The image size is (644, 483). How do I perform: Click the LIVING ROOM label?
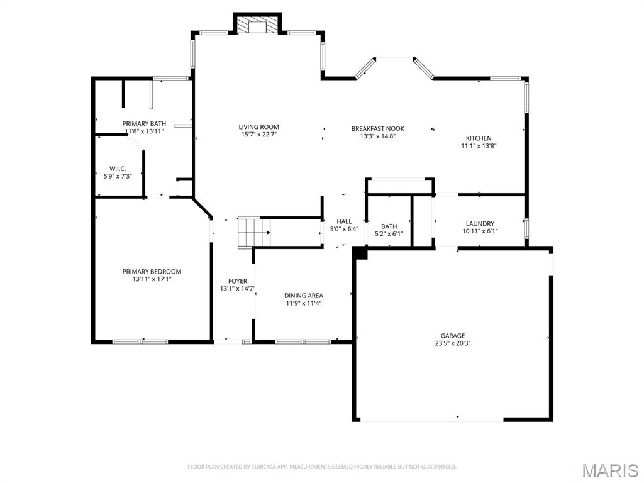pyautogui.click(x=258, y=127)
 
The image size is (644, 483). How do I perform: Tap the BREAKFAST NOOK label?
pyautogui.click(x=377, y=128)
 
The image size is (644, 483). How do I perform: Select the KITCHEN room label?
pyautogui.click(x=479, y=138)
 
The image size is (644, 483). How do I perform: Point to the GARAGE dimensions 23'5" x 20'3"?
pyautogui.click(x=452, y=343)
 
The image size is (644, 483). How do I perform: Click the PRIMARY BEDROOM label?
pyautogui.click(x=152, y=272)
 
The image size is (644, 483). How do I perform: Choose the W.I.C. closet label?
pyautogui.click(x=118, y=169)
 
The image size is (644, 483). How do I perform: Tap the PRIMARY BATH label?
pyautogui.click(x=144, y=123)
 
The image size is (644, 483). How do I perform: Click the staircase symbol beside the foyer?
pyautogui.click(x=253, y=232)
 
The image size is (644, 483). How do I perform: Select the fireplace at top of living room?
pyautogui.click(x=258, y=25)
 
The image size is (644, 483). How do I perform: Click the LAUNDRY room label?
pyautogui.click(x=480, y=223)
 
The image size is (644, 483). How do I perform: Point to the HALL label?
pyautogui.click(x=344, y=221)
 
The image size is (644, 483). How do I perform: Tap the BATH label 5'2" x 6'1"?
pyautogui.click(x=389, y=226)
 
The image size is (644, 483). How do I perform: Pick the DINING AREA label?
pyautogui.click(x=304, y=296)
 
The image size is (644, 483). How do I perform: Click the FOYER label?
pyautogui.click(x=237, y=281)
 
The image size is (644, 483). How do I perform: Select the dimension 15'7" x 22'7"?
pyautogui.click(x=258, y=135)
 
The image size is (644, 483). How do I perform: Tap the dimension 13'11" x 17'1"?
pyautogui.click(x=152, y=279)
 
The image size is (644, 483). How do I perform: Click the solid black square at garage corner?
pyautogui.click(x=360, y=252)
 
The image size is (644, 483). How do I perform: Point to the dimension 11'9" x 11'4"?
pyautogui.click(x=304, y=303)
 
